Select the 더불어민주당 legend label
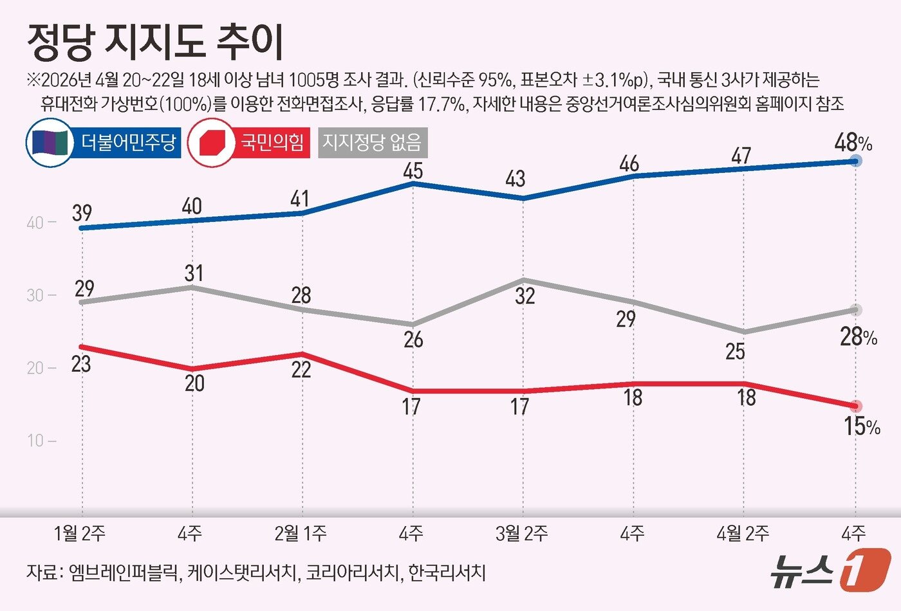(128, 142)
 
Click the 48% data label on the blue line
(852, 143)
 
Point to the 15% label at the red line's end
(861, 426)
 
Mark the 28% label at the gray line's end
(858, 336)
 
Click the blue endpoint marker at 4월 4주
(855, 161)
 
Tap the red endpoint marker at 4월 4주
(855, 406)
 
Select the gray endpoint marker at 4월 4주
(855, 310)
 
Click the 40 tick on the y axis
(35, 223)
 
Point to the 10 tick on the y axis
(35, 441)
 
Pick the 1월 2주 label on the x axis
(80, 533)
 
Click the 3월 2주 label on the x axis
(522, 533)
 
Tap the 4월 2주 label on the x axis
(743, 533)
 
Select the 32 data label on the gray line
(525, 296)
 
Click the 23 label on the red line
(80, 365)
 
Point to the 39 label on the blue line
(82, 212)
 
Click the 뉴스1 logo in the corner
(830, 569)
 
